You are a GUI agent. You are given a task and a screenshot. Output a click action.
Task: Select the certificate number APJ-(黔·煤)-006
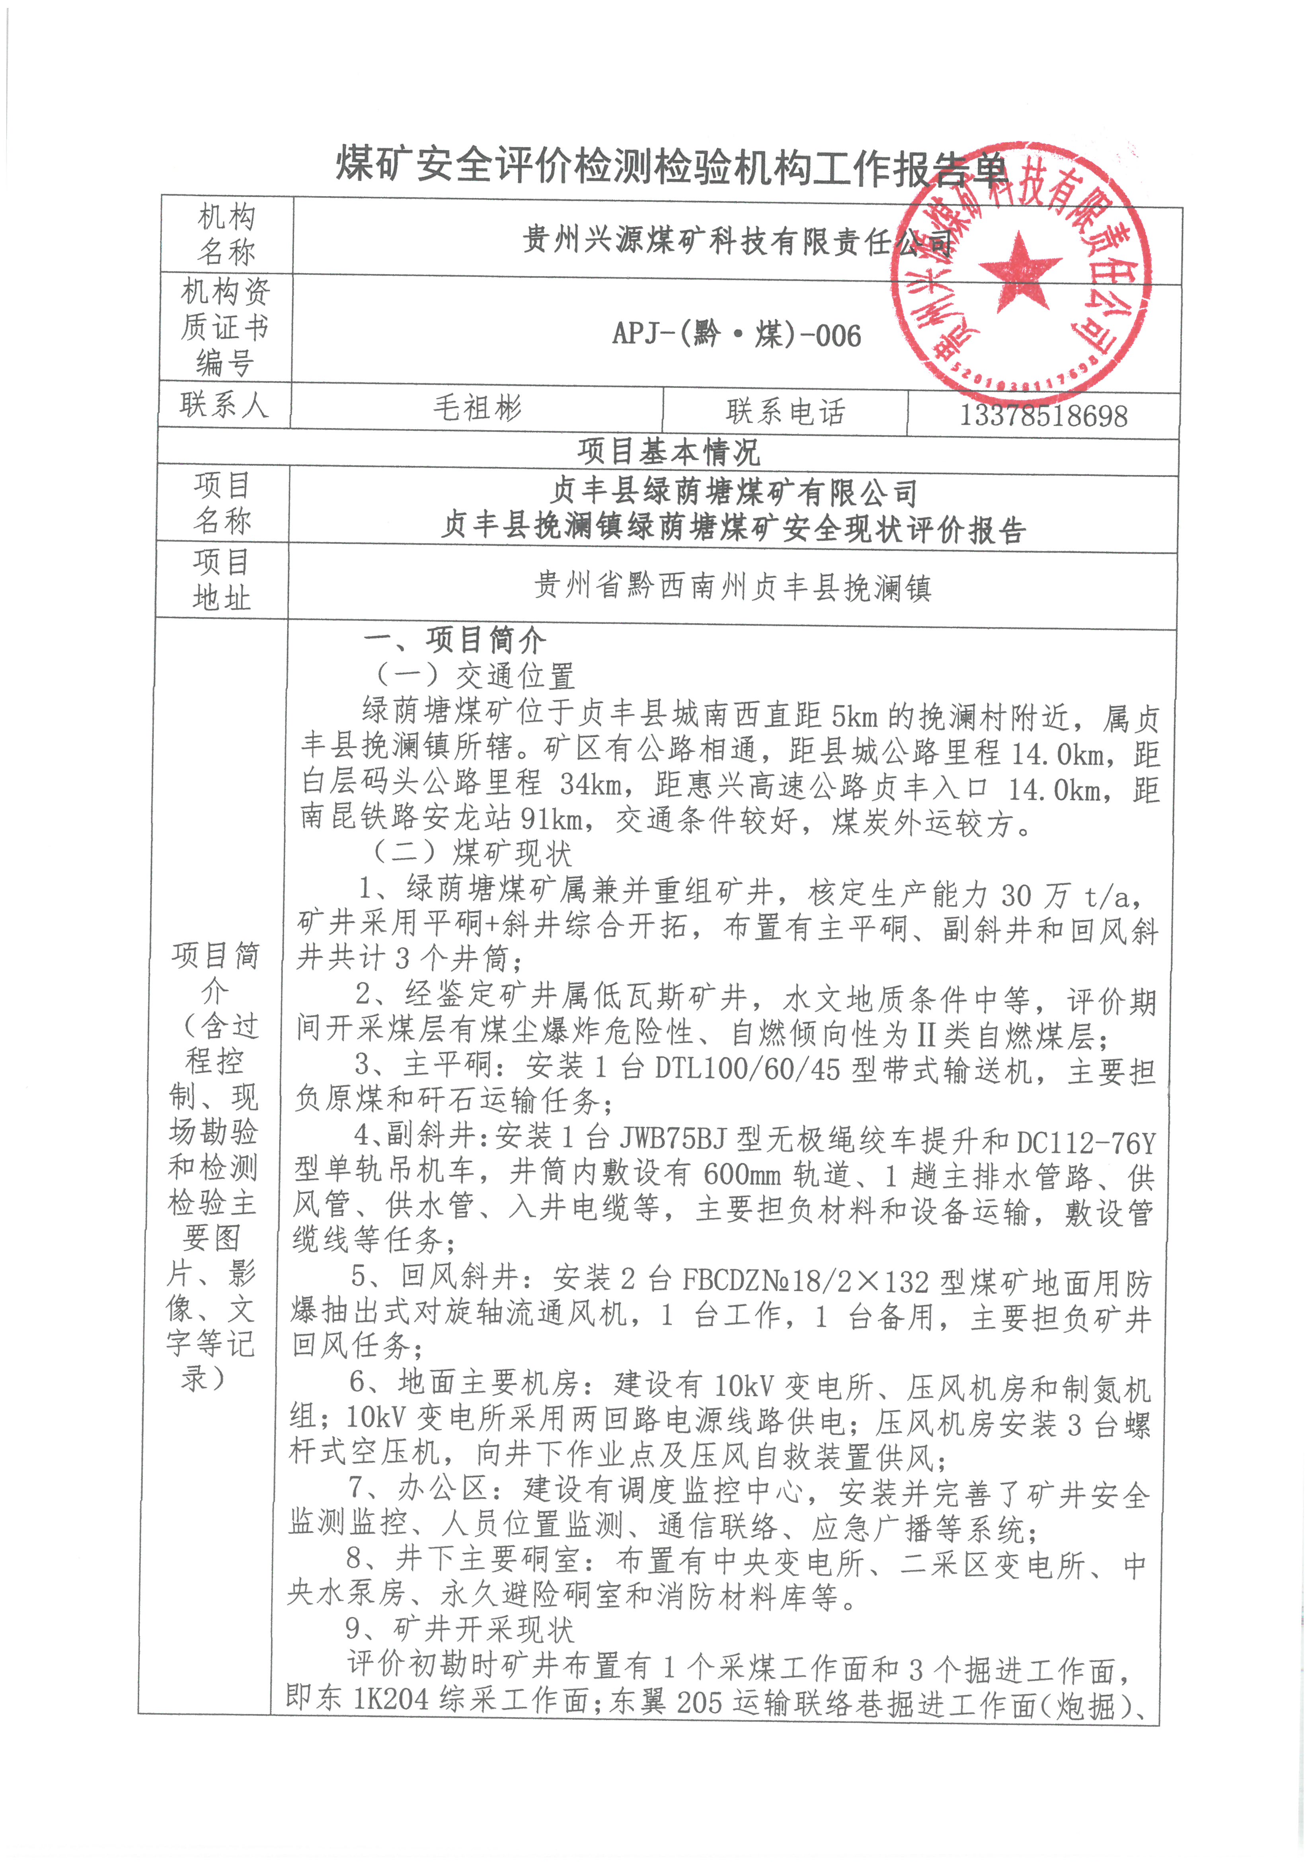point(736,334)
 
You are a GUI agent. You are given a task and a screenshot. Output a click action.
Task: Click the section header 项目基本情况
point(668,452)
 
